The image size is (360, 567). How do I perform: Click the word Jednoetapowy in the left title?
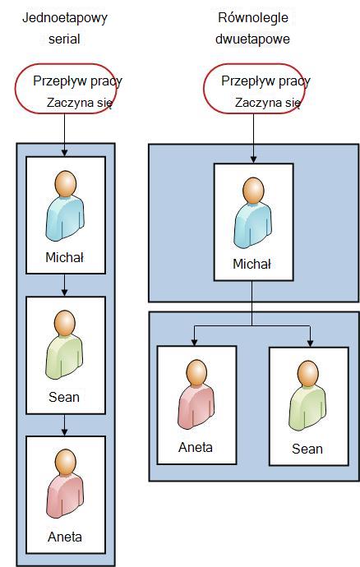pos(65,18)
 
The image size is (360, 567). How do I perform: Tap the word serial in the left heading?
pos(64,39)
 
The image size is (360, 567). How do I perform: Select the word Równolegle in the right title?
pos(253,18)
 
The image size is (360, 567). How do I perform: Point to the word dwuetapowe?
pos(252,39)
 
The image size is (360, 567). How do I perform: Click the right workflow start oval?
pos(204,89)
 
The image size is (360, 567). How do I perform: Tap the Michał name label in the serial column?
pos(65,257)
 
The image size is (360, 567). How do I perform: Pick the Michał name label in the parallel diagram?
pos(252,264)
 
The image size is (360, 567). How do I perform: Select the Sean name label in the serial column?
pos(64,397)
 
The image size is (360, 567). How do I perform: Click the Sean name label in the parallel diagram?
pos(307,449)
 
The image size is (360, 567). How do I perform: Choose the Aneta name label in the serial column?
pos(65,537)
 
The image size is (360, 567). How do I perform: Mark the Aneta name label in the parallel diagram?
pos(196,447)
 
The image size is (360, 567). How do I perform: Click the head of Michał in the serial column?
pos(66,184)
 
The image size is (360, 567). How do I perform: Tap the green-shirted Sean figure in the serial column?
pos(64,344)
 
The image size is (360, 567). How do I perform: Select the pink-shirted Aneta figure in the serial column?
pos(65,484)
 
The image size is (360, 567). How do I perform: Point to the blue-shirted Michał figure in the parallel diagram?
pos(252,212)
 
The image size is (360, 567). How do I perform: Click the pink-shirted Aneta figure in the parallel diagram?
pos(196,394)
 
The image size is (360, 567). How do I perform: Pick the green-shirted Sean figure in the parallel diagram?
pos(307,396)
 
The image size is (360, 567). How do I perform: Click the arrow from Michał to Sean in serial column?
pos(64,285)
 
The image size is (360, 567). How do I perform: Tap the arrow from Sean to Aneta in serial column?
pos(64,425)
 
